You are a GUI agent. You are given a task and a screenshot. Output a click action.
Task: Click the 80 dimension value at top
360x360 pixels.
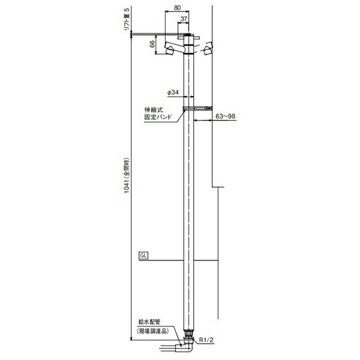(x=177, y=8)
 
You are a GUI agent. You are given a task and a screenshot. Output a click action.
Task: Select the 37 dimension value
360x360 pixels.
(x=184, y=19)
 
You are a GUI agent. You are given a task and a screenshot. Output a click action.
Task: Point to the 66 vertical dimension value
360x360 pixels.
(x=152, y=44)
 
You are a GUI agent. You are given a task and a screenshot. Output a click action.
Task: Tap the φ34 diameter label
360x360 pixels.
(x=173, y=92)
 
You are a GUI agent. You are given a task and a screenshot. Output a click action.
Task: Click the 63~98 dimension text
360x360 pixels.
(x=226, y=116)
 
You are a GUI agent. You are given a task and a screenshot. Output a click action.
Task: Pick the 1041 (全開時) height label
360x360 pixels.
(x=127, y=176)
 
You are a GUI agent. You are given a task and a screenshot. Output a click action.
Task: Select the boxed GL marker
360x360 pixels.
(x=143, y=256)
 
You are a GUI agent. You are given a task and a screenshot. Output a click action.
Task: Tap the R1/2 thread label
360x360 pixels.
(x=206, y=340)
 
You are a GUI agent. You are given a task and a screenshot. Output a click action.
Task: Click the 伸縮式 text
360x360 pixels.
(x=154, y=110)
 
